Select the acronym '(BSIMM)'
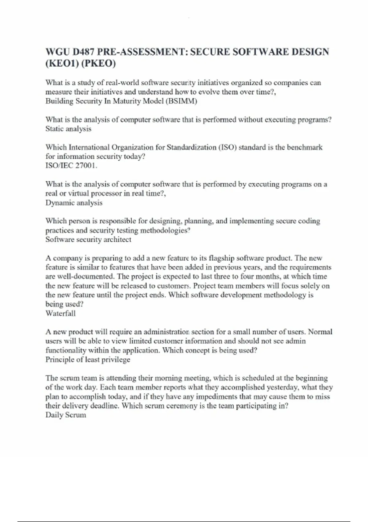click(x=181, y=101)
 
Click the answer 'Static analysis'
click(x=68, y=129)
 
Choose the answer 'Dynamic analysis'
click(x=74, y=203)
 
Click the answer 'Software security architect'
click(x=88, y=240)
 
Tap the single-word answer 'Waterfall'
click(x=60, y=314)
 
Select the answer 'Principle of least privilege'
click(x=88, y=360)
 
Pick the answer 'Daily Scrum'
click(x=66, y=415)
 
